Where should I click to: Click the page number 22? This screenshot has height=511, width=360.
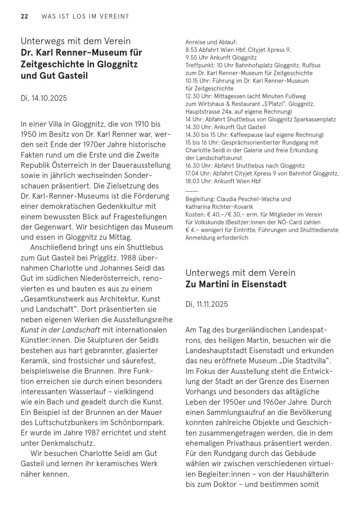(x=24, y=17)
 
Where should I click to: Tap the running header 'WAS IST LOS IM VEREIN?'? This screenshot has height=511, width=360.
(x=85, y=17)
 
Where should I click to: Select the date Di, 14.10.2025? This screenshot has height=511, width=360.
(x=44, y=98)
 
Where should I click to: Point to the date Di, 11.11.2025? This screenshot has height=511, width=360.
(x=207, y=304)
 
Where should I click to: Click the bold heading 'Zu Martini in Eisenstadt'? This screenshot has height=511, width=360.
(x=236, y=284)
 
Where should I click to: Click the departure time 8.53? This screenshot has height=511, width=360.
(x=190, y=50)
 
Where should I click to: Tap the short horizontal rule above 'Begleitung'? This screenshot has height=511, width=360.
(x=192, y=190)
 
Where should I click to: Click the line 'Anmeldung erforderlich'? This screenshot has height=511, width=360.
(x=217, y=238)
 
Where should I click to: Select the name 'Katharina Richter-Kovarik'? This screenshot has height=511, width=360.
(x=219, y=207)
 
